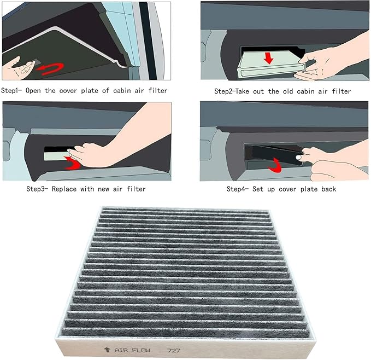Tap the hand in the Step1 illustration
16,69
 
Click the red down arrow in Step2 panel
268,57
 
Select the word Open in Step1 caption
37,90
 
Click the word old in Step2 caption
287,90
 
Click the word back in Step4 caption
327,189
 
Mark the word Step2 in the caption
224,90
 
